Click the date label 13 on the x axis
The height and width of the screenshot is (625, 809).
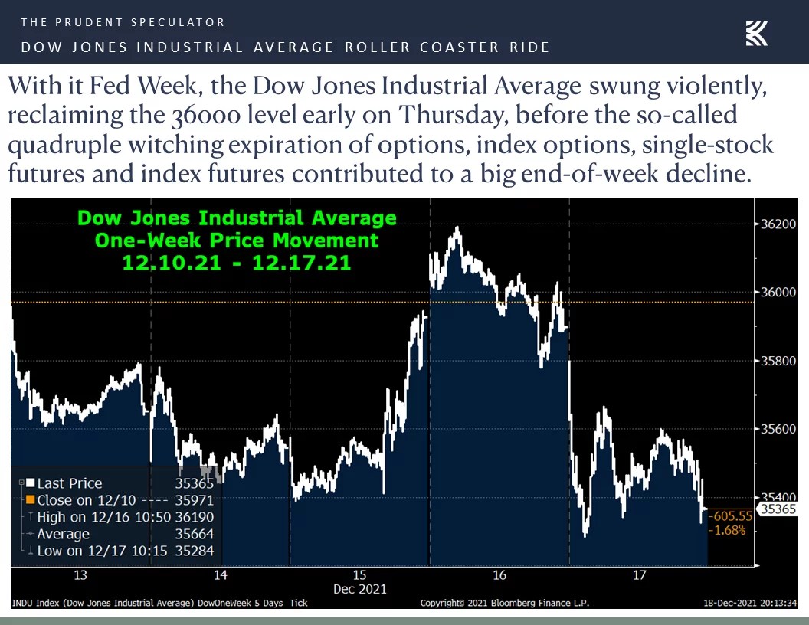coord(80,575)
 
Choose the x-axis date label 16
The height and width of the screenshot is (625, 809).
coord(499,575)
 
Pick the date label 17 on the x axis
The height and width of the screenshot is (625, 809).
coord(640,575)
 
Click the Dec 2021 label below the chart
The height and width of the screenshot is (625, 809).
coord(360,589)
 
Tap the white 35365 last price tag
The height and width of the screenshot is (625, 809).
coord(778,509)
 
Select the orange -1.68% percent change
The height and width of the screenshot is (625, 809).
coord(727,530)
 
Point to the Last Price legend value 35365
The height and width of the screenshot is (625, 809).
coord(195,483)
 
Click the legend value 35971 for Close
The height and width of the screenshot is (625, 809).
coord(195,500)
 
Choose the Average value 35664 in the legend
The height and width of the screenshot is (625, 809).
coord(195,534)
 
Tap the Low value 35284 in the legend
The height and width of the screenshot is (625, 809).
coord(195,551)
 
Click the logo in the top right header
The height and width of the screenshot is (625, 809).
coord(756,34)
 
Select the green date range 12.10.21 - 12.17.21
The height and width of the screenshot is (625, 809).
coord(237,263)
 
